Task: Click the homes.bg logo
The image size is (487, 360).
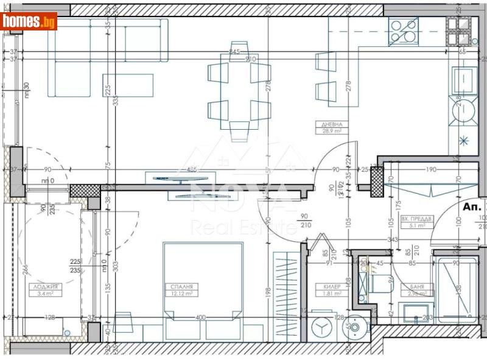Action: tap(29, 21)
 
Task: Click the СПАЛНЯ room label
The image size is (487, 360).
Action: tap(182, 286)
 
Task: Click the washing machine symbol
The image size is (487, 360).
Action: tap(321, 327)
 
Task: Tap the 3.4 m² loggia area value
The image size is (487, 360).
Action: tap(46, 293)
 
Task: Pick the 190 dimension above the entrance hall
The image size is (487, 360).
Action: tap(430, 170)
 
